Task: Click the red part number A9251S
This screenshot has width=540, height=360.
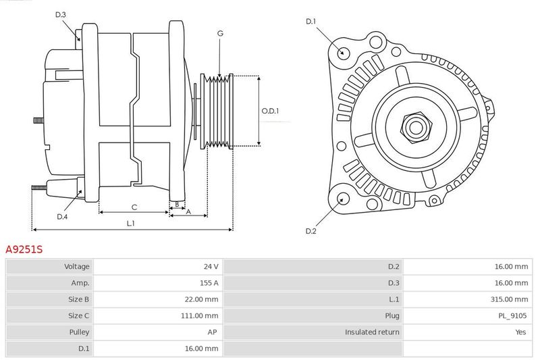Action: tap(24, 249)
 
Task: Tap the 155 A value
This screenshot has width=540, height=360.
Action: tap(209, 283)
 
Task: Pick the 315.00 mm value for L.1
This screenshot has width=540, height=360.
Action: tap(509, 299)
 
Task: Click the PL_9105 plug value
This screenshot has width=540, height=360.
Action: tap(512, 315)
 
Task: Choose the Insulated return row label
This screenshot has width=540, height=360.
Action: tap(372, 332)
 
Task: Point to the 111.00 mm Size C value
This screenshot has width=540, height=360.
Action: tap(199, 315)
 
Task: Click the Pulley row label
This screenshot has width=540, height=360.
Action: tap(79, 332)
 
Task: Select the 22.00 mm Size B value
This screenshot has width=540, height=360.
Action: tap(201, 299)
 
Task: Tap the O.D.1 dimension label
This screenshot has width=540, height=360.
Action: tap(270, 111)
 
